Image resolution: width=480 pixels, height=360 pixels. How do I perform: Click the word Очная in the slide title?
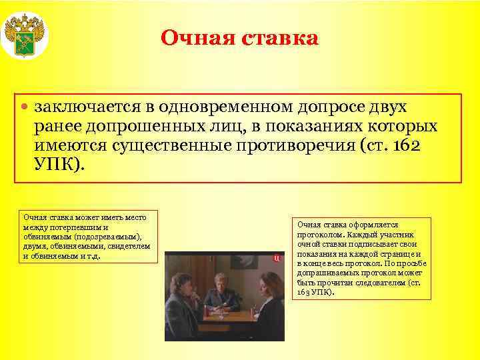[193, 37]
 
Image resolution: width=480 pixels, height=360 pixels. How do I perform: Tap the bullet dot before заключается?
[25, 107]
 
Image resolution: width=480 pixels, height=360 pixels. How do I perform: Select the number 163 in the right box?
[304, 292]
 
